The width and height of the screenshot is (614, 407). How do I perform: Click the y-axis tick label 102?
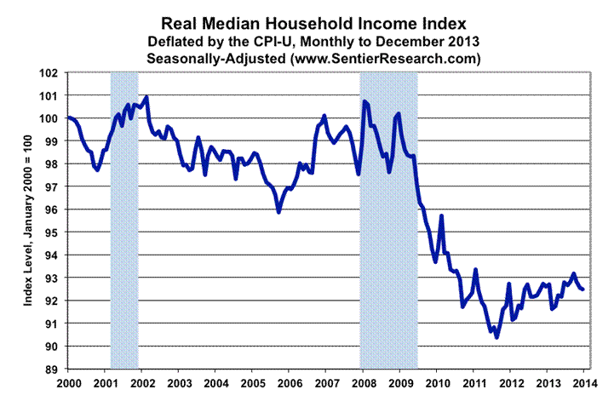[x=51, y=72]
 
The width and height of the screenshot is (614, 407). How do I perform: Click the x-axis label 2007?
[x=326, y=382]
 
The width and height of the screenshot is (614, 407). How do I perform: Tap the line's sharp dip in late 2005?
[x=278, y=211]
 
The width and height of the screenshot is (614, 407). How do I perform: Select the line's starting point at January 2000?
[x=68, y=117]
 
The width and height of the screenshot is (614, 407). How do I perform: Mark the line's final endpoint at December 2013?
[x=582, y=289]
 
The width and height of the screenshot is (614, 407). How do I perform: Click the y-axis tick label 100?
[x=51, y=118]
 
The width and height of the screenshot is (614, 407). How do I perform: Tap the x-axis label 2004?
[x=216, y=382]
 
